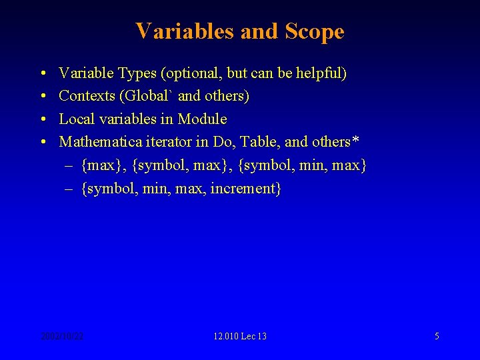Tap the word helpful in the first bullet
pyautogui.click(x=322, y=73)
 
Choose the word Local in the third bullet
pyautogui.click(x=75, y=119)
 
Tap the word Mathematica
pyautogui.click(x=97, y=142)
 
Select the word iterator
pyautogui.click(x=162, y=142)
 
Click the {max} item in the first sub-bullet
pyautogui.click(x=103, y=165)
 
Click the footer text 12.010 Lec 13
pyautogui.click(x=240, y=336)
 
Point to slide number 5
pyautogui.click(x=437, y=336)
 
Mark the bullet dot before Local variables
pyautogui.click(x=42, y=119)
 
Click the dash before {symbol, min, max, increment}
pyautogui.click(x=69, y=189)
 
